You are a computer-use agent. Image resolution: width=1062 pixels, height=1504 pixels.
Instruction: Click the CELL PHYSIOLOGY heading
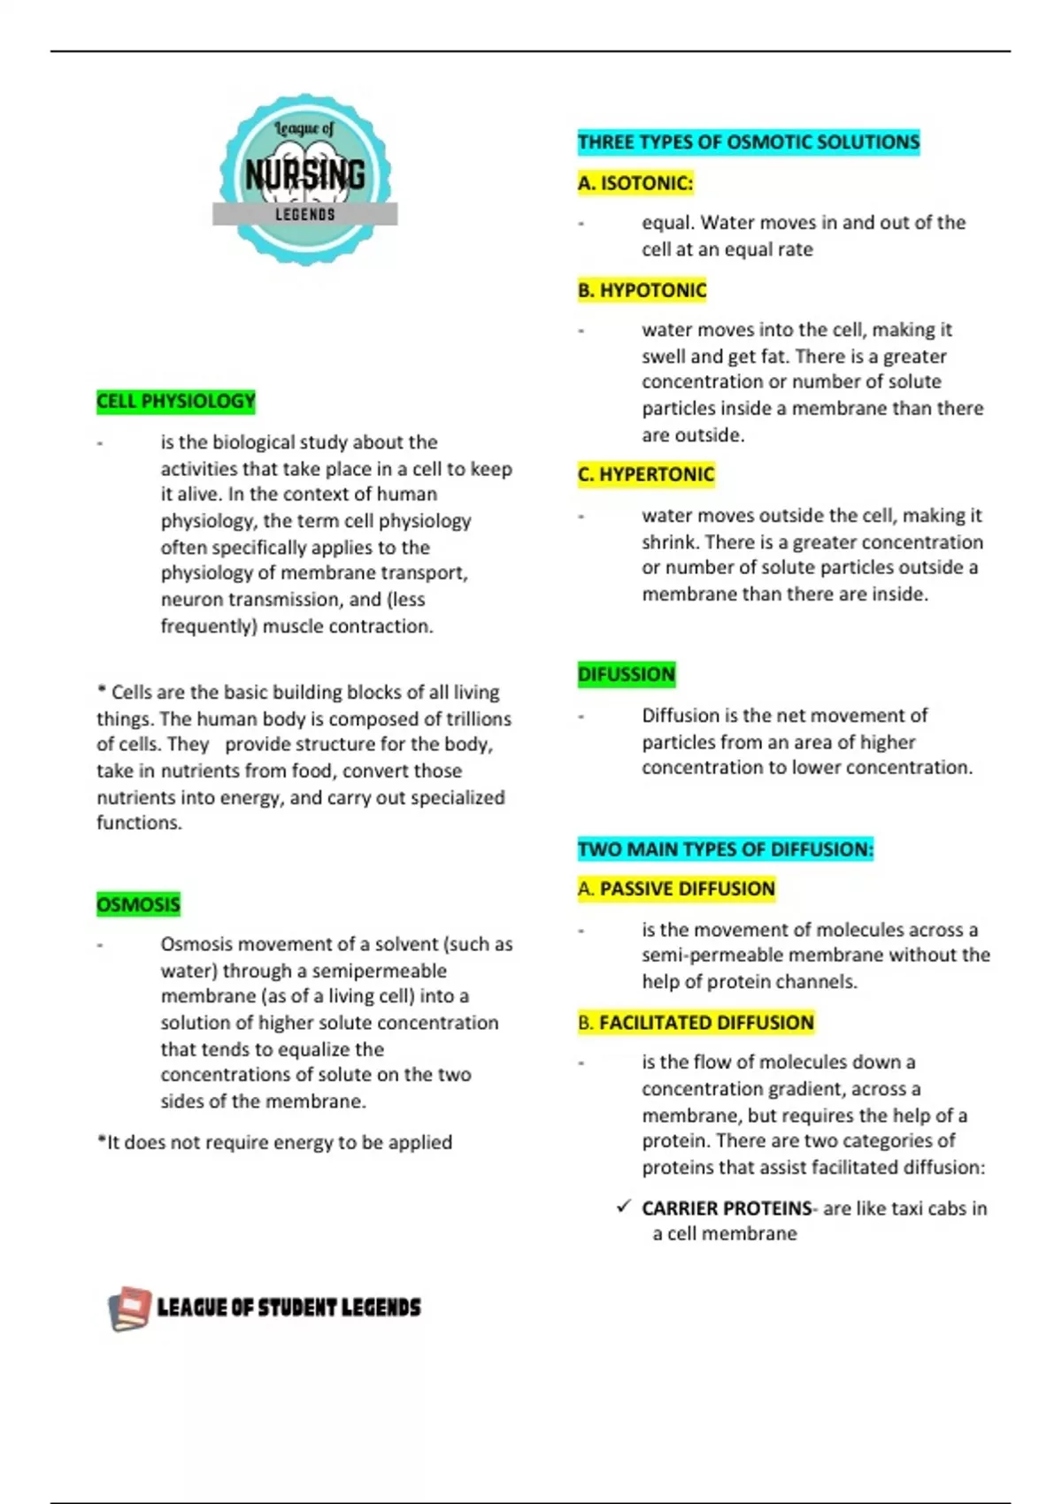point(176,402)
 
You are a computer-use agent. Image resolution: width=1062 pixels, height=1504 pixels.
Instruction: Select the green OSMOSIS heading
point(138,904)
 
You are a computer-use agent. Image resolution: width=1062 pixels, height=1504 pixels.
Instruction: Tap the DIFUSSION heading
point(627,674)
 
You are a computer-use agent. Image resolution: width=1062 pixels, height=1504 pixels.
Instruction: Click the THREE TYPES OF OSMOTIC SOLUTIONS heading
point(749,142)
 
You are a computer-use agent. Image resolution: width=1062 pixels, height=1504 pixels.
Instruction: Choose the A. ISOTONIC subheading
point(635,183)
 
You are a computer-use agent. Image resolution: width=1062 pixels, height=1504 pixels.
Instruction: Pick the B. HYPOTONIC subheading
point(643,290)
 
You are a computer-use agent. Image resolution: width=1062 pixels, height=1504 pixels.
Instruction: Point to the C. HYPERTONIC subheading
point(646,474)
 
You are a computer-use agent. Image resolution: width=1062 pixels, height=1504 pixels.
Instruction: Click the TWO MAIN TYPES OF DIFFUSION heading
point(726,849)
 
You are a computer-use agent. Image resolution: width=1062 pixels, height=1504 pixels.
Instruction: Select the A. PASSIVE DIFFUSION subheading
point(677,888)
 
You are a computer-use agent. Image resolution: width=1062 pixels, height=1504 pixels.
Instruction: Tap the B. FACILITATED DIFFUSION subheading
point(696,1023)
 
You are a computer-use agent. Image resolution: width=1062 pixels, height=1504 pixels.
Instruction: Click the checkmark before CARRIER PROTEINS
point(624,1207)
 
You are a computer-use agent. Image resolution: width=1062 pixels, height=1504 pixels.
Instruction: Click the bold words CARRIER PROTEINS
point(727,1209)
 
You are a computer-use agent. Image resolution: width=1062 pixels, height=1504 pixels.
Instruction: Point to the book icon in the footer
point(129,1308)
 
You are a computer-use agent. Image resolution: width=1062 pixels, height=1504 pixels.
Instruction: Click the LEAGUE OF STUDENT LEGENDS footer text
point(289,1308)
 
